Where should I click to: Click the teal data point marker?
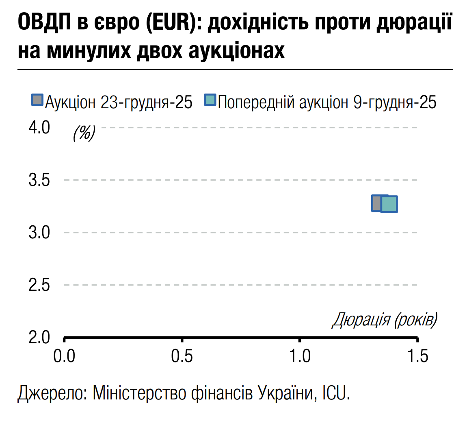(x=389, y=204)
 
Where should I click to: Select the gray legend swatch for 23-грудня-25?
(x=37, y=100)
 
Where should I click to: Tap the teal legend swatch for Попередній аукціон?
(x=210, y=100)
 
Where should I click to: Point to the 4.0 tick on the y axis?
(x=39, y=128)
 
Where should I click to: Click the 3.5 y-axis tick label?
(x=39, y=180)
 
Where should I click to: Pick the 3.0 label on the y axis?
(x=39, y=233)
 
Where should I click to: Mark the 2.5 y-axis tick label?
(x=39, y=285)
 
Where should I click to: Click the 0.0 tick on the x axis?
(x=65, y=356)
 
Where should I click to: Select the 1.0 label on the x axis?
(x=300, y=356)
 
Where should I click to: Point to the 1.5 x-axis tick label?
(x=417, y=356)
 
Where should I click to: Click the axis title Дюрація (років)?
(x=385, y=320)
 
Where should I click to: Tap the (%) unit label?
(x=84, y=133)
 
